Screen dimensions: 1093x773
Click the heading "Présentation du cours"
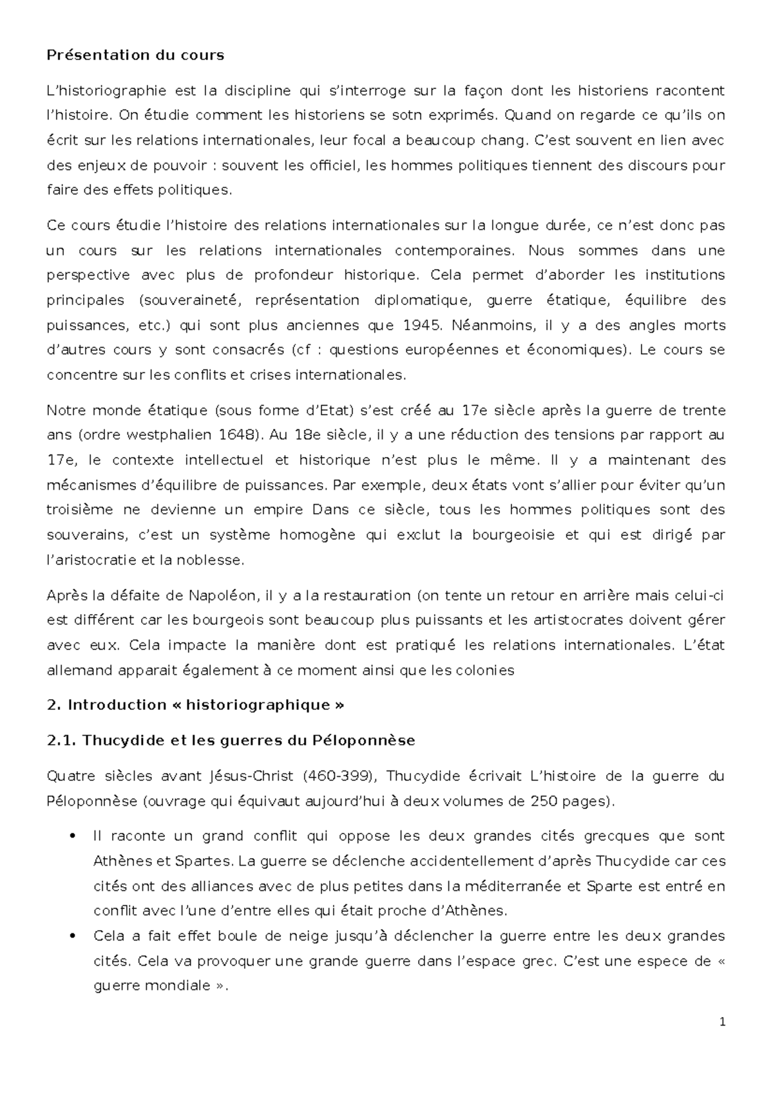point(135,55)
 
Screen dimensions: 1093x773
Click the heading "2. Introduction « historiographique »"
point(196,705)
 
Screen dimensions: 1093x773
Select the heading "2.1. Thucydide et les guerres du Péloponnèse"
point(231,741)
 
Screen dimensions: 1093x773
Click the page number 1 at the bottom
point(722,1022)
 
